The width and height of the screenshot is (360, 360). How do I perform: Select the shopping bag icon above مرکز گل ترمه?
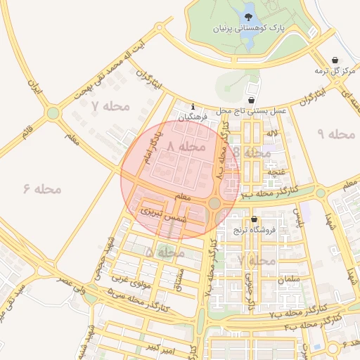pyautogui.click(x=337, y=60)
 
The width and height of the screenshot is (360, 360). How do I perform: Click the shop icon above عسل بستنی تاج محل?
pyautogui.click(x=252, y=100)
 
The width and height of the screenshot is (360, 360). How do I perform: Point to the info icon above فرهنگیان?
pyautogui.click(x=193, y=107)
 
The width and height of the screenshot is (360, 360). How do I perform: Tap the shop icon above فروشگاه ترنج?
pyautogui.click(x=254, y=219)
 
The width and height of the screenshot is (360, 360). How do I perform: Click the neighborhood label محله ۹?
pyautogui.click(x=336, y=134)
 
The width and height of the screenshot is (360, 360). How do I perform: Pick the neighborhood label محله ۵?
pyautogui.click(x=160, y=251)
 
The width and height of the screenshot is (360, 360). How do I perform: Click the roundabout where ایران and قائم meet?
pyautogui.click(x=53, y=112)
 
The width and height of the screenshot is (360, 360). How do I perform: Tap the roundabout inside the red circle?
pyautogui.click(x=214, y=204)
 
